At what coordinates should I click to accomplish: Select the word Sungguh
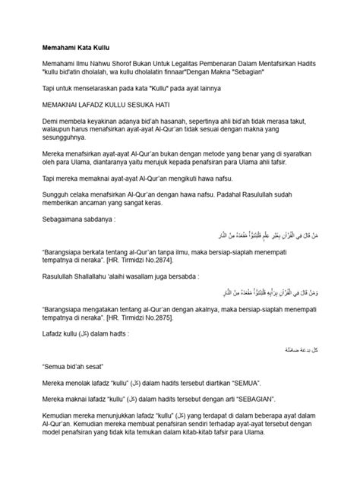(56, 215)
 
